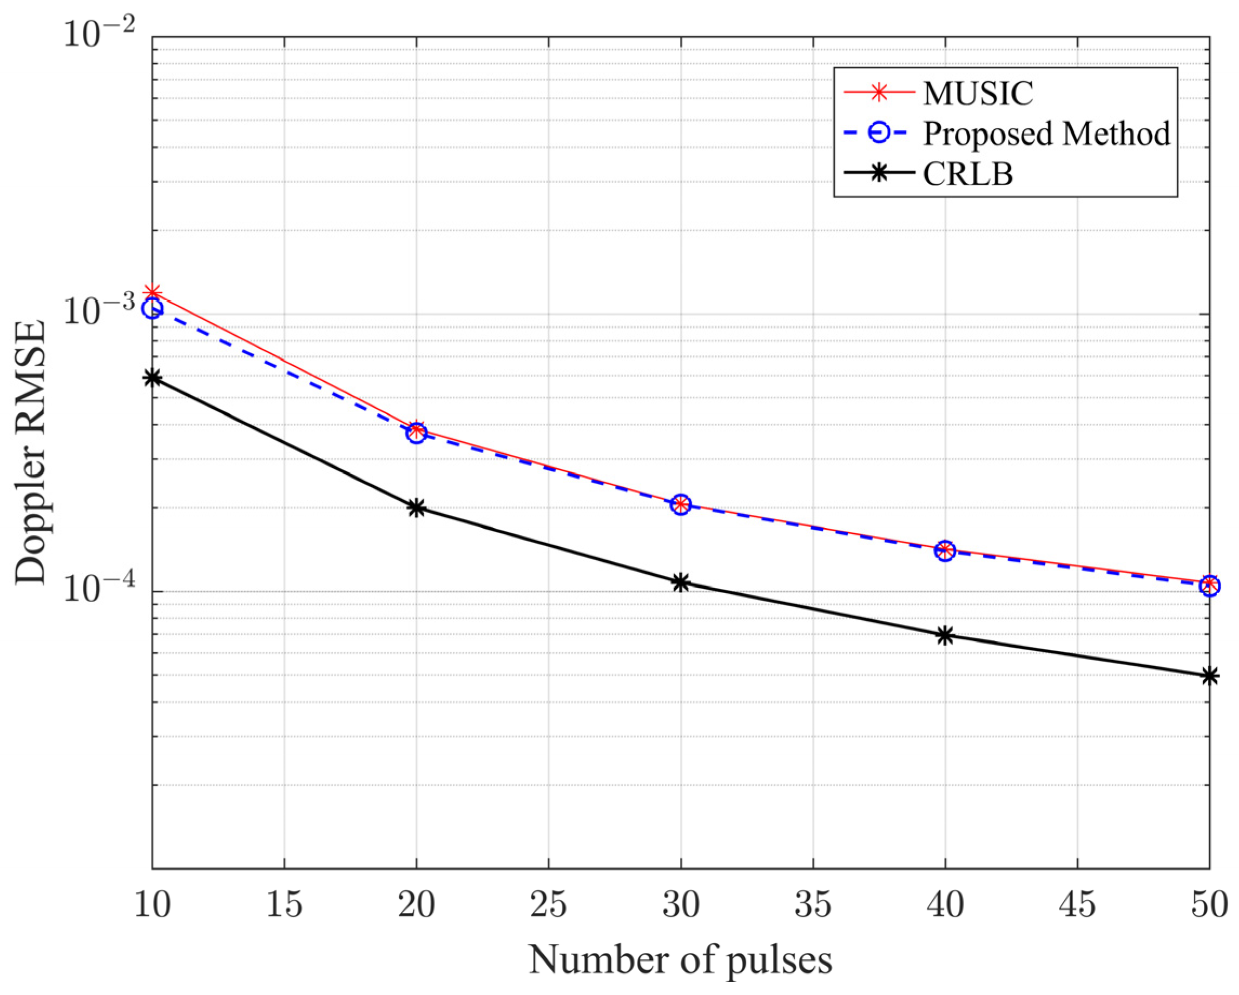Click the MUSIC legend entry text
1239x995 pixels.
click(x=978, y=93)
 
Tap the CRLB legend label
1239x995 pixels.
click(x=968, y=174)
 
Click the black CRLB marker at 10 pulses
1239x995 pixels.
click(x=152, y=377)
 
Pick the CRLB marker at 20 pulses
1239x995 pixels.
click(x=417, y=508)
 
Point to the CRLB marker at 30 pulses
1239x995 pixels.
click(x=681, y=582)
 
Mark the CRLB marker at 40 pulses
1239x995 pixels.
click(x=945, y=635)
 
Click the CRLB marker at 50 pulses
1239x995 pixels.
click(x=1210, y=676)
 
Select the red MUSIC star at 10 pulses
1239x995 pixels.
click(x=152, y=294)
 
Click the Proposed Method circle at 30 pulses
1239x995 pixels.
click(x=681, y=505)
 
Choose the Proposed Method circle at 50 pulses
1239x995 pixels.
click(x=1210, y=586)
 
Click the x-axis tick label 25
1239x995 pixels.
click(x=549, y=905)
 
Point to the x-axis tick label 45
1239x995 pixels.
click(x=1078, y=905)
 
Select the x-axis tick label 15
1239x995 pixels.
click(x=285, y=905)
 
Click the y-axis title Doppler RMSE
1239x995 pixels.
click(x=30, y=453)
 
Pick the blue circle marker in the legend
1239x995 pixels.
click(x=879, y=132)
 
